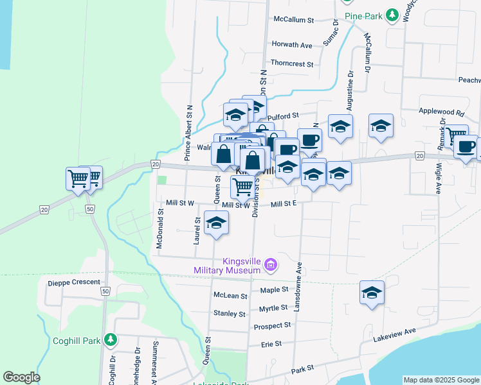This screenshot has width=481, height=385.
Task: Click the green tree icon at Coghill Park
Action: click(111, 339)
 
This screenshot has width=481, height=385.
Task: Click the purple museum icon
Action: click(271, 264)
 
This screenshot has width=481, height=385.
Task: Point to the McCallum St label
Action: click(293, 20)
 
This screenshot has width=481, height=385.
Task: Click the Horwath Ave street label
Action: click(292, 45)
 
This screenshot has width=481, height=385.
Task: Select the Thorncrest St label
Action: click(291, 64)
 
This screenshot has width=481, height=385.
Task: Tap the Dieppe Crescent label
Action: click(74, 282)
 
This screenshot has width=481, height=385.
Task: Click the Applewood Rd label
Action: click(441, 112)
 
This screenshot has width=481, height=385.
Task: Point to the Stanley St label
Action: click(230, 314)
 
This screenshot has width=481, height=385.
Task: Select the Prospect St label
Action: click(272, 326)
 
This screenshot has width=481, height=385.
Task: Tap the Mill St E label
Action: click(283, 204)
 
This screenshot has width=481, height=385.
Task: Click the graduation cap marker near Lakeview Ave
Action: click(372, 293)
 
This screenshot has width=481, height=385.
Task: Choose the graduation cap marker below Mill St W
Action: click(216, 223)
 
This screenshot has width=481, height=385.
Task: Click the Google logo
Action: click(21, 377)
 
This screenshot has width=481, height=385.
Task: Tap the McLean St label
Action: click(230, 296)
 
